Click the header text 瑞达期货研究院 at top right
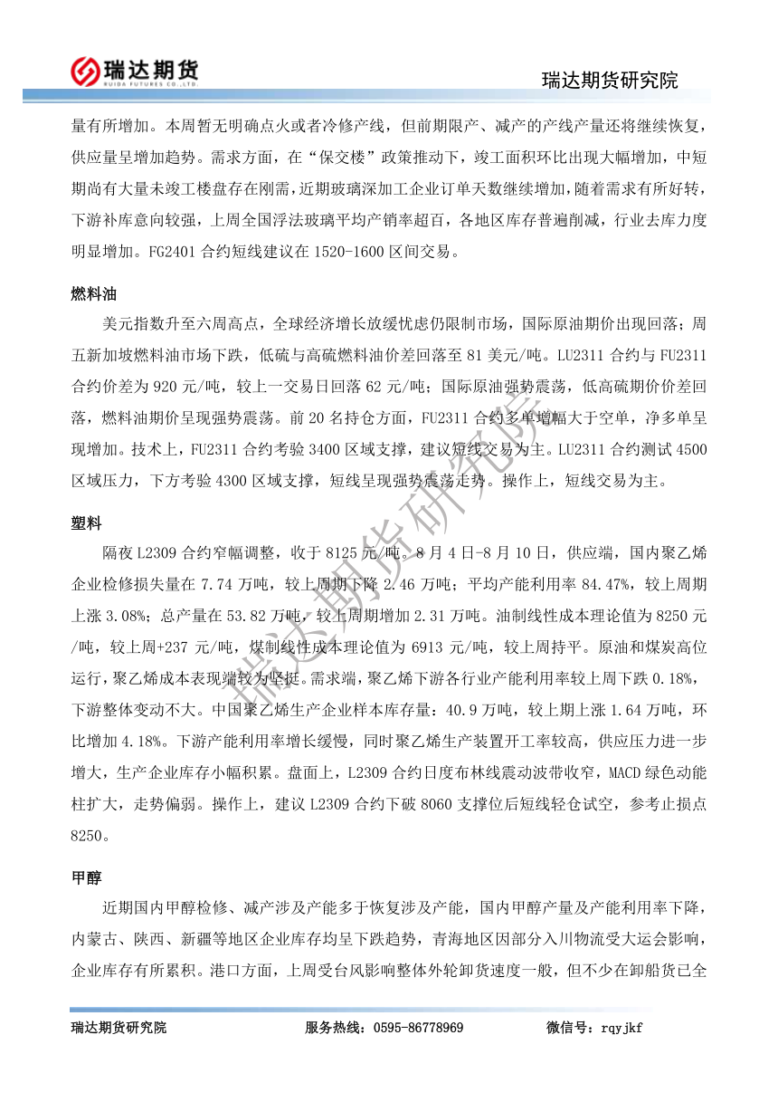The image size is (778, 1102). [609, 80]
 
